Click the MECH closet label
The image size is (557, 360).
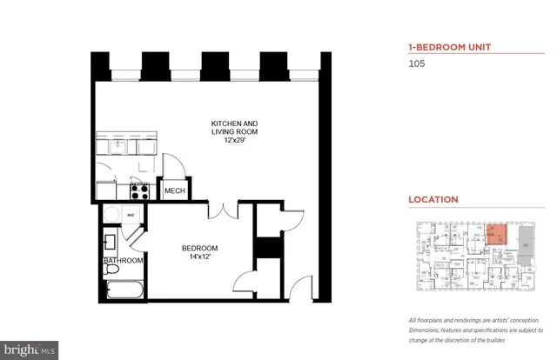[x=173, y=191]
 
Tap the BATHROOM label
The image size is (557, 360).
[x=122, y=261]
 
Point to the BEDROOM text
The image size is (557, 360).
[x=198, y=249]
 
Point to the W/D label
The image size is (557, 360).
[x=131, y=213]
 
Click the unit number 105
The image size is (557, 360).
[x=418, y=63]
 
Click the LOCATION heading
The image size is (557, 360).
[x=433, y=199]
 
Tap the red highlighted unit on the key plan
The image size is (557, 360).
[x=494, y=232]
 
